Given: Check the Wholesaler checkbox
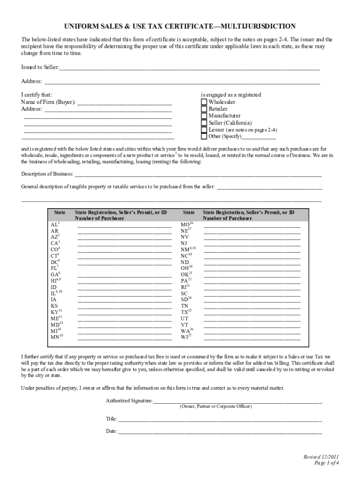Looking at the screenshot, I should coord(204,102).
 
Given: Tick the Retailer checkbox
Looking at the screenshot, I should coord(204,109).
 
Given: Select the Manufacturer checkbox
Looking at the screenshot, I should coord(204,116).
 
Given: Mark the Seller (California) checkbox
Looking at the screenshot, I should coord(204,123).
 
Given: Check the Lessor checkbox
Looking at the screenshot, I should coord(204,130).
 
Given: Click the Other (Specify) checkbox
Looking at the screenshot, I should coord(204,137).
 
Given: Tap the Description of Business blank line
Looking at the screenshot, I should coord(197,175).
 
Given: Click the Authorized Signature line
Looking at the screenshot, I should coord(237,401).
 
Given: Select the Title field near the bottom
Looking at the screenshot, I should coord(220,419).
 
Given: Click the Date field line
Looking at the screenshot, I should coord(220,432).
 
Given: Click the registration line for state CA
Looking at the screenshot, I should coord(124,244).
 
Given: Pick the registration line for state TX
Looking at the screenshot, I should coord(252,312).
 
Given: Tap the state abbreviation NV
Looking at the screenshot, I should coord(184,237).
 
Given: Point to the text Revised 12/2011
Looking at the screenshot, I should coord(321,457).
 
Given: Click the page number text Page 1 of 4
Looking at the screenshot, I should coord(326,463).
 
